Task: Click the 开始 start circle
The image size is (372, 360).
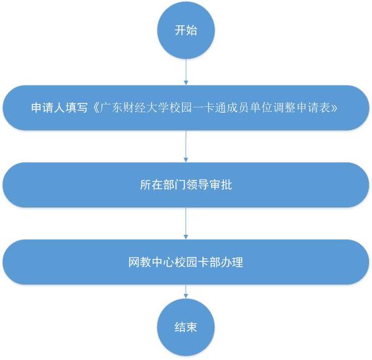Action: [186, 30]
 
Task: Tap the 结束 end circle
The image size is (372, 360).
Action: [186, 327]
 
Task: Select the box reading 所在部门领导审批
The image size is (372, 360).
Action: [186, 185]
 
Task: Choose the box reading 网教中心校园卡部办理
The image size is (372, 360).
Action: [186, 262]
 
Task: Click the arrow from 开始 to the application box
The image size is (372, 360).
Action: [186, 72]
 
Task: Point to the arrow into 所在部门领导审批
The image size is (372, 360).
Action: [186, 146]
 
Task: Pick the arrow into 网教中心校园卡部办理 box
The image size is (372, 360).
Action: [186, 223]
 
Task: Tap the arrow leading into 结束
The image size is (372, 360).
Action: [186, 292]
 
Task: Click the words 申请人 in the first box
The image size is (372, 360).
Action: [48, 107]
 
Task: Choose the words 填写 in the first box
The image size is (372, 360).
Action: [77, 107]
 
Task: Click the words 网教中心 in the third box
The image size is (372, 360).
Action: [151, 262]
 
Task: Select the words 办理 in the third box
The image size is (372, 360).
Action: [232, 262]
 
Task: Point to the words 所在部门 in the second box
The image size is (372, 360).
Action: [163, 185]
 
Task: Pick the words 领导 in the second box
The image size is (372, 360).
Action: [197, 185]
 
